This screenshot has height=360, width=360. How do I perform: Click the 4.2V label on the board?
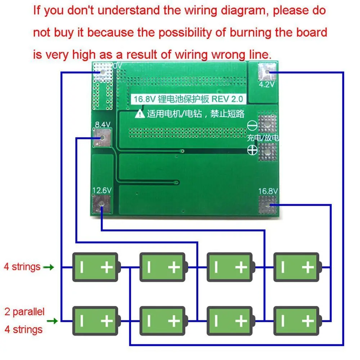click(267, 85)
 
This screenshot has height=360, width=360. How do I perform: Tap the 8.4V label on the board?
click(102, 125)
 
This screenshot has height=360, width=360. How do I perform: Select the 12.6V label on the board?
click(102, 190)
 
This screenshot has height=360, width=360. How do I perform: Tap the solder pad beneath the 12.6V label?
click(102, 205)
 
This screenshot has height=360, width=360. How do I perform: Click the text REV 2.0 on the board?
click(229, 99)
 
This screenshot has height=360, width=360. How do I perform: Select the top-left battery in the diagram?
click(96, 267)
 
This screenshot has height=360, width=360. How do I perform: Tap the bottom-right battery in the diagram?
click(297, 320)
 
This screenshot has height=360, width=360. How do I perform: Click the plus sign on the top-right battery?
click(308, 267)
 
